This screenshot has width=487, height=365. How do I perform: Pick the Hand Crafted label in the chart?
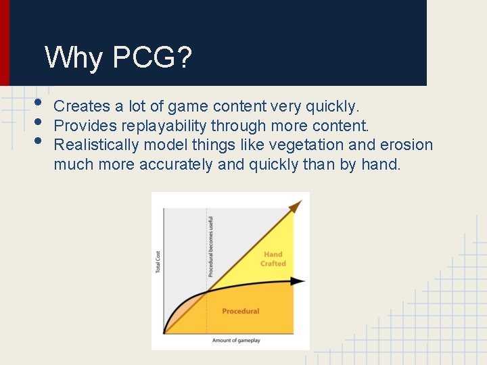pyautogui.click(x=273, y=260)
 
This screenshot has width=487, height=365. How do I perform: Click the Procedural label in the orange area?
pyautogui.click(x=240, y=312)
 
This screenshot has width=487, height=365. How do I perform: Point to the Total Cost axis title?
pyautogui.click(x=158, y=262)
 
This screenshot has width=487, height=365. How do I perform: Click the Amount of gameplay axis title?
pyautogui.click(x=236, y=341)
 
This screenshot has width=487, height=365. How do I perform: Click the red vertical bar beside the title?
pyautogui.click(x=5, y=43)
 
